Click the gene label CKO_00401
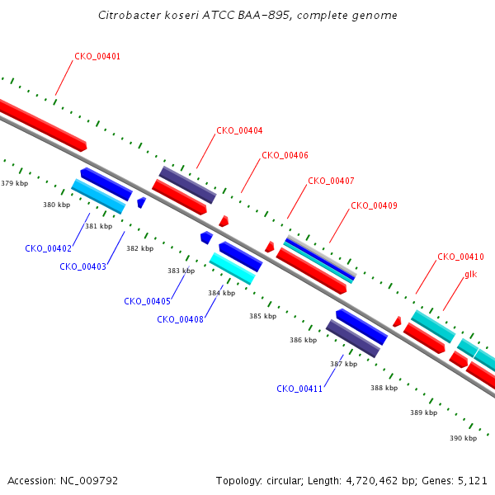click(97, 56)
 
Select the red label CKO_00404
click(239, 130)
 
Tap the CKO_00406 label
click(285, 155)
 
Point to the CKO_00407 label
click(331, 181)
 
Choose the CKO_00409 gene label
click(374, 205)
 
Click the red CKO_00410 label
click(460, 257)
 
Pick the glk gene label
click(471, 275)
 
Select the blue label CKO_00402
click(49, 248)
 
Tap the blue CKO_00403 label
click(83, 266)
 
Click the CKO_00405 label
click(147, 301)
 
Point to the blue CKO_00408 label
click(180, 319)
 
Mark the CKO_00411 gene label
click(299, 389)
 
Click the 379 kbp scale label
click(15, 183)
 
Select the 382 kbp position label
click(140, 248)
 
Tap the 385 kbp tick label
click(262, 316)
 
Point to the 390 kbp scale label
click(463, 438)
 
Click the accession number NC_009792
click(89, 481)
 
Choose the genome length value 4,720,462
click(372, 481)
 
